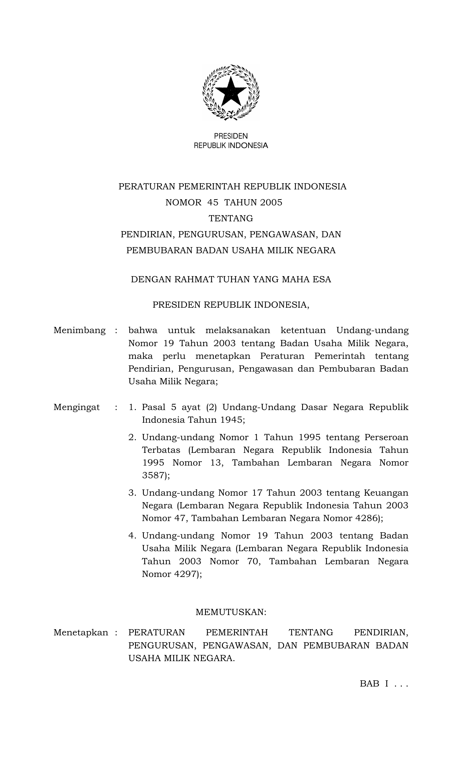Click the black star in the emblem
tap(231, 92)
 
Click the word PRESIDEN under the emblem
tap(231, 136)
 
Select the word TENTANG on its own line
tap(231, 218)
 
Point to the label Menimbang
tap(80, 331)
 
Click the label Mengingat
tap(77, 407)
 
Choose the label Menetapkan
tap(81, 633)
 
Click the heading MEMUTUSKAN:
tap(231, 613)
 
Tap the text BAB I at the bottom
tap(374, 684)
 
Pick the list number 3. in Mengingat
tap(132, 493)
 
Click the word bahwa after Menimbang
tap(143, 331)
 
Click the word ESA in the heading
tap(322, 280)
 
